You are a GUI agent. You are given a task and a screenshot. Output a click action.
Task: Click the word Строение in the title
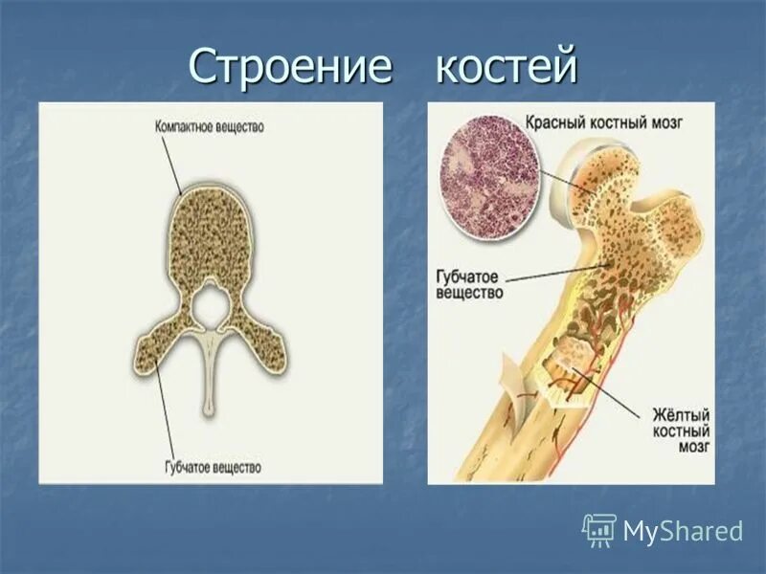(x=290, y=66)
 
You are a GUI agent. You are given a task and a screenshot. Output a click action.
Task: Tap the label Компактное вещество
(x=209, y=126)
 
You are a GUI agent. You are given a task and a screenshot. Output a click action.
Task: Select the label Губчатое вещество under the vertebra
(x=209, y=468)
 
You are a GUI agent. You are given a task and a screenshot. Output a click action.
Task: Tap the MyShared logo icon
(x=599, y=529)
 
